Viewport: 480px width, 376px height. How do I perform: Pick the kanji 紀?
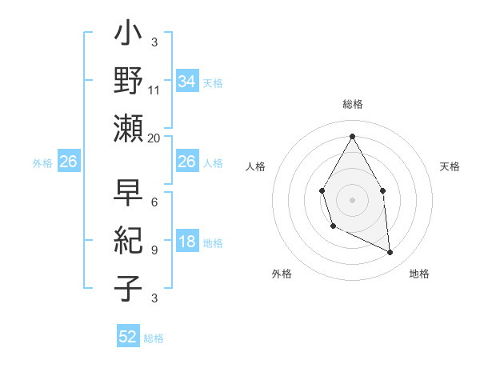click(x=128, y=241)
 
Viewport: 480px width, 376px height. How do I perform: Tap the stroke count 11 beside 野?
click(x=154, y=90)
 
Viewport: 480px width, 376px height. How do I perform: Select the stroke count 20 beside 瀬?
click(x=154, y=138)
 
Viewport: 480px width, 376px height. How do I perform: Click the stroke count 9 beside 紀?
click(x=154, y=250)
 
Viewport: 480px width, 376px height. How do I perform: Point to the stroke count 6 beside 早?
click(x=154, y=202)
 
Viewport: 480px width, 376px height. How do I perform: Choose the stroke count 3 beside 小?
click(x=154, y=42)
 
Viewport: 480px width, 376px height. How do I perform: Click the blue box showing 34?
click(x=186, y=82)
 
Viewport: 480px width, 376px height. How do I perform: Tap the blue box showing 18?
click(x=186, y=242)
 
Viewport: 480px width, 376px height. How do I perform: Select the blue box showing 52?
click(x=128, y=337)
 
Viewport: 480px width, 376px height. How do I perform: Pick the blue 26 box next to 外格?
click(x=69, y=162)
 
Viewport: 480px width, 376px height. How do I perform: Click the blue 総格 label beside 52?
click(x=154, y=338)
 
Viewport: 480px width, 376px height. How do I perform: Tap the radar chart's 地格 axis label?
click(x=419, y=274)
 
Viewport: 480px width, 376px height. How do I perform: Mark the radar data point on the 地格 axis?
click(x=390, y=253)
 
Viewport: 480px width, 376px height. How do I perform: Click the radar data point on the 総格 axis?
click(x=352, y=136)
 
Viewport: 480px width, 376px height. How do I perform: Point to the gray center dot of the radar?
click(x=352, y=199)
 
